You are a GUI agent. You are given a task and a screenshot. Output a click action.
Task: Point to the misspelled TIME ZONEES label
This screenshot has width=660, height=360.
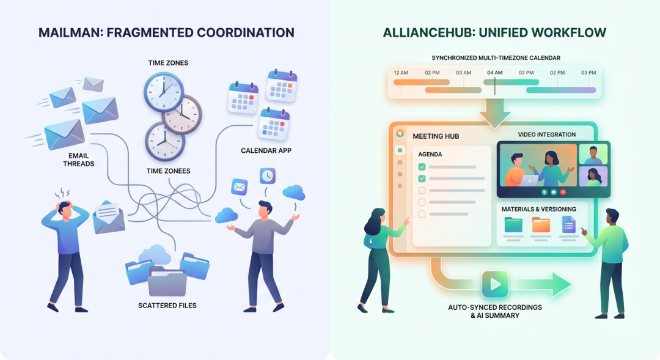(169, 171)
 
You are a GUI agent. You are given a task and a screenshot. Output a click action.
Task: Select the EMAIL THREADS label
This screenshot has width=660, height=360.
(78, 160)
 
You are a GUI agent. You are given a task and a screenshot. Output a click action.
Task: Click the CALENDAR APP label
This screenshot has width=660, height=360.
(266, 150)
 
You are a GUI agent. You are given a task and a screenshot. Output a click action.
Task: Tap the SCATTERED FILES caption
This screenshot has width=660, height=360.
(167, 305)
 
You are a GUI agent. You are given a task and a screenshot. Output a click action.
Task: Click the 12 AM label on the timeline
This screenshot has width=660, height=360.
(401, 72)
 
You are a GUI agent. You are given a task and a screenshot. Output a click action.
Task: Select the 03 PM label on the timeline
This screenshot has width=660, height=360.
(588, 72)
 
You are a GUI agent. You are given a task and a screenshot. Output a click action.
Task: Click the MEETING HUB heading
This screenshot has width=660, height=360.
(436, 136)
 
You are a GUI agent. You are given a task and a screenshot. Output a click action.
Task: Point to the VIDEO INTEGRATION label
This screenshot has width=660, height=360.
(547, 134)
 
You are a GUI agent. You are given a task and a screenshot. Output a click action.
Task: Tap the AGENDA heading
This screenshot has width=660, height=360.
(430, 154)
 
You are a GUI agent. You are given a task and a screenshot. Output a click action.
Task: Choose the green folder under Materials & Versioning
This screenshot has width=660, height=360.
(513, 225)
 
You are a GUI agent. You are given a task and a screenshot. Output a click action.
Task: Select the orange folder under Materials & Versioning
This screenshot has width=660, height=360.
(541, 225)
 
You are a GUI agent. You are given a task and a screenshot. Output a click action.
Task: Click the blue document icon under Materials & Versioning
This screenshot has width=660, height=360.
(569, 225)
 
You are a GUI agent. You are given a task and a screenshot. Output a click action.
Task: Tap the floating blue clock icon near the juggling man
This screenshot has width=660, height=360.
(267, 176)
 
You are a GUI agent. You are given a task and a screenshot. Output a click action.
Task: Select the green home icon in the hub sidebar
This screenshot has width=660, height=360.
(400, 150)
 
